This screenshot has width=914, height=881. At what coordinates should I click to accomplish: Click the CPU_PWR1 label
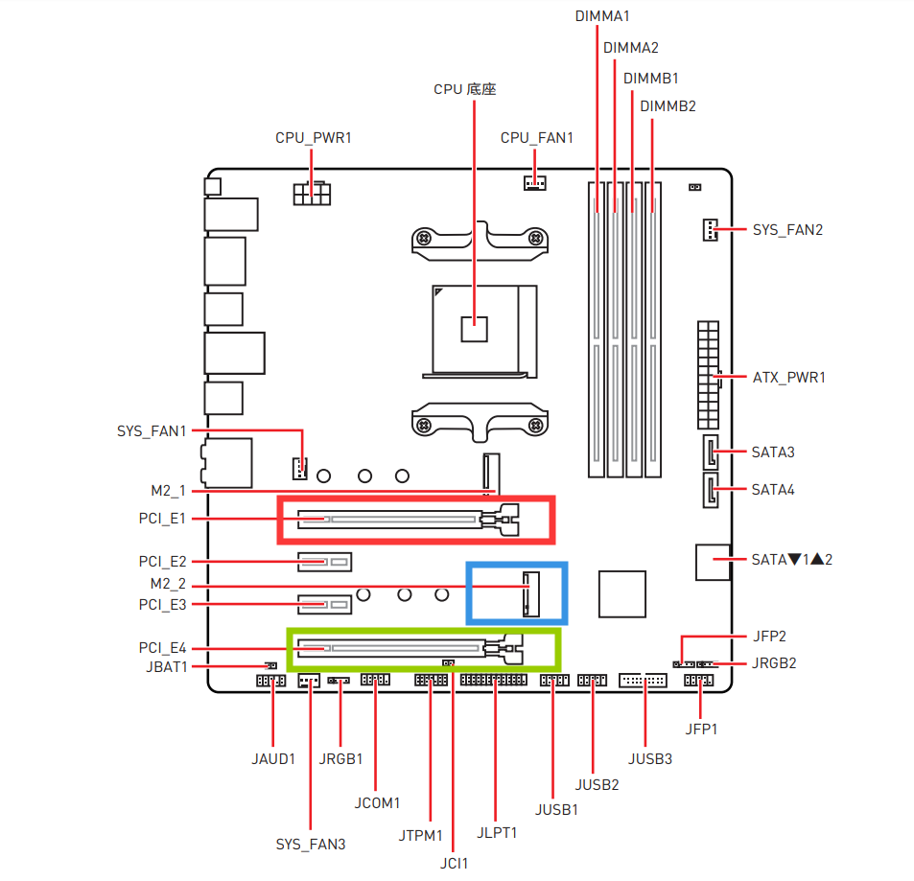[314, 138]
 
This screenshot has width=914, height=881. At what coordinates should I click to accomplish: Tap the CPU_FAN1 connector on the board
[534, 183]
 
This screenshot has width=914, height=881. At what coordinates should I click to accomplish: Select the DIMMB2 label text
[668, 106]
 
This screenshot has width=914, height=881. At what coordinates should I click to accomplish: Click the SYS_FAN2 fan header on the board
[710, 230]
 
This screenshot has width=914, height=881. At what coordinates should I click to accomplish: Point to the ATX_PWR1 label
[789, 378]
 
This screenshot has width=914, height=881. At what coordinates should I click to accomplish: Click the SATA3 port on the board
[710, 452]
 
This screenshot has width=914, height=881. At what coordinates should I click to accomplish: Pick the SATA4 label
[773, 490]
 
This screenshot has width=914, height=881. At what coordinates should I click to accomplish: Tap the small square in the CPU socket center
[474, 329]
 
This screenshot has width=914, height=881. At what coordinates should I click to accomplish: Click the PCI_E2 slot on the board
[325, 562]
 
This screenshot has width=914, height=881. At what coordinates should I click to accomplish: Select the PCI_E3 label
[163, 605]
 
